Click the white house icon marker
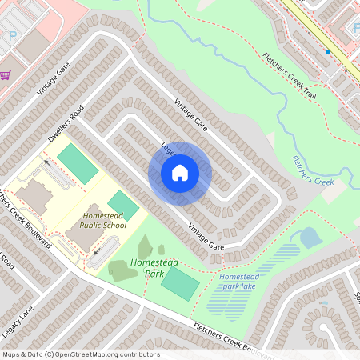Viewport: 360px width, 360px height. tap(180, 172)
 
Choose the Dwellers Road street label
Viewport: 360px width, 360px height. tap(66, 125)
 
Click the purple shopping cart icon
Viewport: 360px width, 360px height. tap(5, 75)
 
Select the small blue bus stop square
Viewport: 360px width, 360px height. tap(328, 52)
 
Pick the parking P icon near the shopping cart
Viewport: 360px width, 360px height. tap(12, 36)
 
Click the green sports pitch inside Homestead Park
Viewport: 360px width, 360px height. tap(180, 283)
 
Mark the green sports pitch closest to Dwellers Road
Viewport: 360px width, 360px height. tap(78, 162)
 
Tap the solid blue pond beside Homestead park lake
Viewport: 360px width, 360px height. tap(308, 237)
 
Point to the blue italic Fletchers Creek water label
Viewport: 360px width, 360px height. tap(312, 170)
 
